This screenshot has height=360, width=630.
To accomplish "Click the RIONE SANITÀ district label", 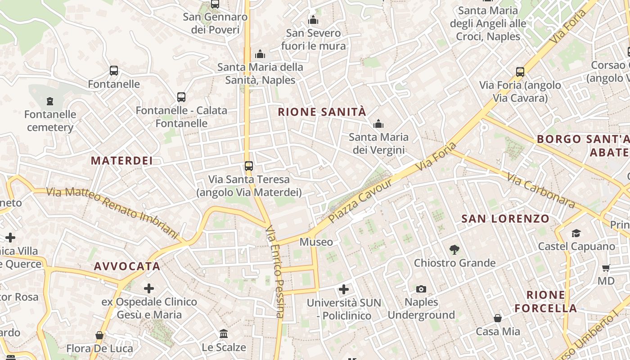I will [322, 112].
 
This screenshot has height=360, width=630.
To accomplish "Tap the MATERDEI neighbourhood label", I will [122, 161].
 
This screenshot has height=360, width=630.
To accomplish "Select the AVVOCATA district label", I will [127, 266].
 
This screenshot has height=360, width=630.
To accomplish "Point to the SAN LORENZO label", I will [505, 219].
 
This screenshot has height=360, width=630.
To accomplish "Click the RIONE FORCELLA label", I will [545, 301].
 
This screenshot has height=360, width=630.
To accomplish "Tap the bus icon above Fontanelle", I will [114, 71].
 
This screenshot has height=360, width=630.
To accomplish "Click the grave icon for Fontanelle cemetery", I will [50, 101].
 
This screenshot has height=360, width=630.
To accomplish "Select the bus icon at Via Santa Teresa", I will [249, 166].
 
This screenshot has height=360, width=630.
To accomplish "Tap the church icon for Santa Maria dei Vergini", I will [378, 124].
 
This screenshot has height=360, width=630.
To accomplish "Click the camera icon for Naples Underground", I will [421, 289].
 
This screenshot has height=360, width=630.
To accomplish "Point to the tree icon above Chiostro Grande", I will [454, 249].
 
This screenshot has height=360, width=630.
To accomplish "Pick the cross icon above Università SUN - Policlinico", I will [344, 289].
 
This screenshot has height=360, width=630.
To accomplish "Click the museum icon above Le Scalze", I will [224, 334].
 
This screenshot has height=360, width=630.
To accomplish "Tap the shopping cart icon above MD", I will [606, 268].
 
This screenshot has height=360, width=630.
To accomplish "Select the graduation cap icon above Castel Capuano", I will [576, 233].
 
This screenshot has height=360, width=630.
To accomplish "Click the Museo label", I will [316, 242].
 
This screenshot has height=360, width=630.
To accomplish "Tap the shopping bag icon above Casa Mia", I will [498, 319].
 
